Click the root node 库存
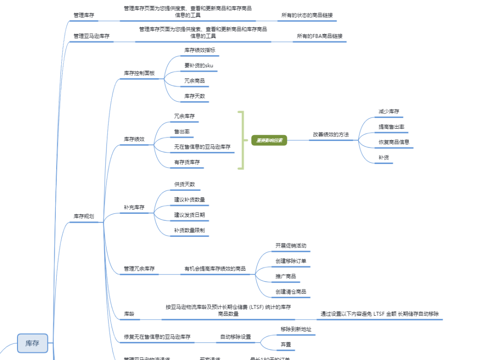tap(32, 343)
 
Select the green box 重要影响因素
tap(269, 140)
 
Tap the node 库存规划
tap(83, 216)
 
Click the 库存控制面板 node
tap(139, 73)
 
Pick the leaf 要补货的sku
tap(198, 65)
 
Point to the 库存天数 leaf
tap(195, 96)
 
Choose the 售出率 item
tap(182, 131)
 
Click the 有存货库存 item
tap(187, 162)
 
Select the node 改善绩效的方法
tap(331, 135)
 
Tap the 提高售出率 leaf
tap(391, 127)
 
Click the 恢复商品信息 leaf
tap(394, 142)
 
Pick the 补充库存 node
tap(134, 207)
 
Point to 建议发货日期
tap(190, 215)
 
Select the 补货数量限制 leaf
tap(190, 230)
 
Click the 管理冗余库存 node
tap(139, 268)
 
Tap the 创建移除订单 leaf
tap(290, 261)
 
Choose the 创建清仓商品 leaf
tap(290, 291)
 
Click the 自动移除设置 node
tap(236, 336)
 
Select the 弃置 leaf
tap(285, 344)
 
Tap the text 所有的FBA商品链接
tap(320, 36)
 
